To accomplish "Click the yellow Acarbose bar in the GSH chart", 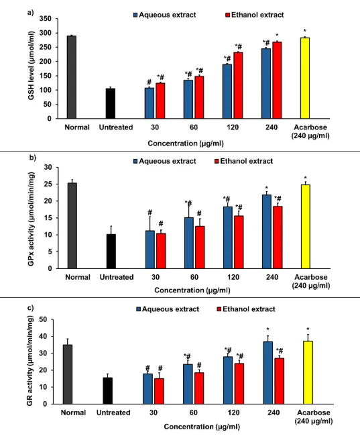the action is coord(305,78).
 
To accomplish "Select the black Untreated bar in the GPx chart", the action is coord(111,252).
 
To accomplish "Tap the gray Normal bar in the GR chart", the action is coord(68,374).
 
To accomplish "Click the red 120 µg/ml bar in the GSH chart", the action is coord(238,85).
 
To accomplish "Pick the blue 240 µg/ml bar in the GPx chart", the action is coord(267,231).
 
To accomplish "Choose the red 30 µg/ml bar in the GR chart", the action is coord(159,391).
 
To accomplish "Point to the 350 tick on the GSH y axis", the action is coord(46,19).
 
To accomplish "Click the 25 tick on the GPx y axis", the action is coord(48,184).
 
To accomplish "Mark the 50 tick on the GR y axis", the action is coord(43,319).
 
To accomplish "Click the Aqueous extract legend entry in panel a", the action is coord(165,15).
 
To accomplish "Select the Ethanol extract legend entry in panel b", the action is coord(243,161).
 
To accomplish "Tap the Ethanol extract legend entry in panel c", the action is coord(246,309).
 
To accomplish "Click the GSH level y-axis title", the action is coord(31,65).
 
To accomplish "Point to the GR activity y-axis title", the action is coord(30,361).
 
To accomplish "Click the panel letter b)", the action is coord(33,158).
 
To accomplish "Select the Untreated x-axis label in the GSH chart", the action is coord(116,127).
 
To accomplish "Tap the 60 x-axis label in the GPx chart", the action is coord(194,277).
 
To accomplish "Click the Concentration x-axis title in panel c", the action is coord(202,427).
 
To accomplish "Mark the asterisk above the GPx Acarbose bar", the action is coord(306,178).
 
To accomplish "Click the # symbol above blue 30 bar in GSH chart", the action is coord(149,82).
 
